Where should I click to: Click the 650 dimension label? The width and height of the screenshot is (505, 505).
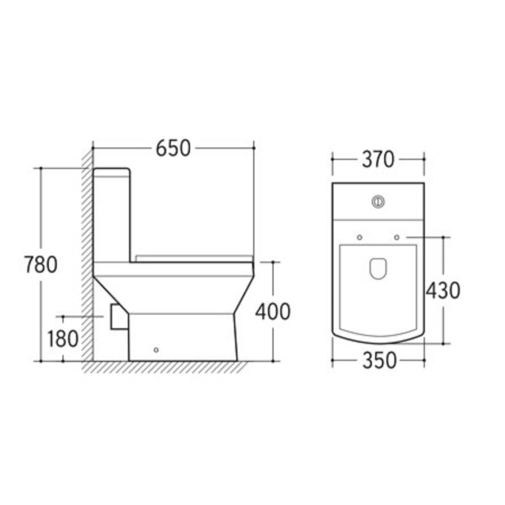coord(173,148)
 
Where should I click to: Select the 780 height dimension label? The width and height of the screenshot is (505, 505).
coord(41,264)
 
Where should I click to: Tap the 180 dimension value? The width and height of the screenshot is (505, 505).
coord(62,339)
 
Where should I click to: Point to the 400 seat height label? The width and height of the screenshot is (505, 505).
coord(273,311)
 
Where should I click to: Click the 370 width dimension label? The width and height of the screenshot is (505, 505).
coord(378,159)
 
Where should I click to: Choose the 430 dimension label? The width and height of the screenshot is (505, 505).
coord(443,290)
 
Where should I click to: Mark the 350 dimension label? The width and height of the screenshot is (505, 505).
coord(379,361)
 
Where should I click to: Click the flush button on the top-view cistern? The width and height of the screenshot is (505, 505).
coord(378,200)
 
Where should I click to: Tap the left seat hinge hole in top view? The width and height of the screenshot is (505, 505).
coord(360,237)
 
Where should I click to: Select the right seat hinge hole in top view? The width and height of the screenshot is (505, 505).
coord(397,237)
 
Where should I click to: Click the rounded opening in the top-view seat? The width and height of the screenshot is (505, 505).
coord(378,269)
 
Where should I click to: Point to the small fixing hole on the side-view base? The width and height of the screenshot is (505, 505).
coord(156,350)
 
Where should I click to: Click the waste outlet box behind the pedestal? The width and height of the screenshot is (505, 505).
coord(118,317)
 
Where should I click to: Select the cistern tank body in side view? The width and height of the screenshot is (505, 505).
coord(112,219)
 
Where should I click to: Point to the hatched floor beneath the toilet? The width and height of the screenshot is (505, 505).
coord(168,368)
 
